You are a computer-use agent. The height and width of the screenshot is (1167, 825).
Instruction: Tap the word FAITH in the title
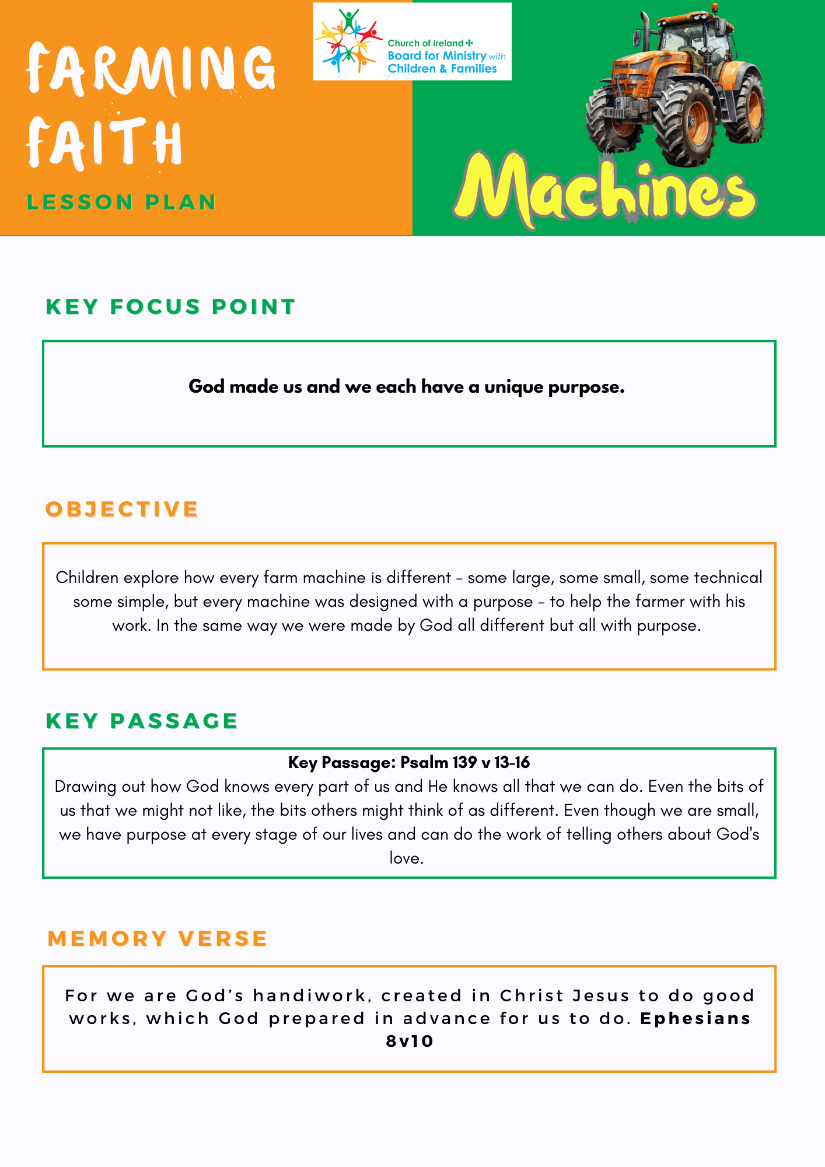click(105, 142)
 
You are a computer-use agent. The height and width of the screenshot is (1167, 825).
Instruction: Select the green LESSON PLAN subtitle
click(121, 202)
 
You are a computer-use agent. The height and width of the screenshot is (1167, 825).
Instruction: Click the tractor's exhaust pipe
click(645, 32)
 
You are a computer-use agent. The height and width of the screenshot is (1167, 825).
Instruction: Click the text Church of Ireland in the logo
click(425, 43)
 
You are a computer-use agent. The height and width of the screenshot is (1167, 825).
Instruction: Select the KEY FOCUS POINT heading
click(170, 307)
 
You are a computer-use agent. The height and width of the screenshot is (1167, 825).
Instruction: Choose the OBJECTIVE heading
click(122, 509)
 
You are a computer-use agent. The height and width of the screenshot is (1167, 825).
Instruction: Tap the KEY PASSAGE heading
click(142, 721)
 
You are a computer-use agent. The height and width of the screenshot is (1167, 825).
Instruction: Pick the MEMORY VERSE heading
click(158, 939)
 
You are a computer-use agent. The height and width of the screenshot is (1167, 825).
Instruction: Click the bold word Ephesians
click(695, 1019)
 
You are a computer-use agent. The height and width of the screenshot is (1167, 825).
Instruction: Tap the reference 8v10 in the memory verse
click(410, 1042)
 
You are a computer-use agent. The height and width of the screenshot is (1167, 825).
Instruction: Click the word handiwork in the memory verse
click(309, 995)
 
